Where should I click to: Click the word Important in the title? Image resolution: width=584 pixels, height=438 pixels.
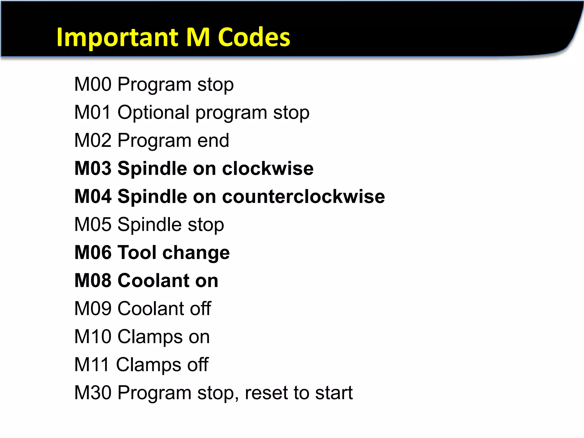pyautogui.click(x=117, y=38)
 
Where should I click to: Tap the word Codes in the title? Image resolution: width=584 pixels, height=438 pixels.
pyautogui.click(x=254, y=38)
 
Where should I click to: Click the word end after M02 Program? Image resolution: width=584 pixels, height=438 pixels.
pyautogui.click(x=213, y=140)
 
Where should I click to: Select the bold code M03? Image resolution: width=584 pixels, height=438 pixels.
pyautogui.click(x=93, y=168)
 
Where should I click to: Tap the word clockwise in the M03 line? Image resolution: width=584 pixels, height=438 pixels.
pyautogui.click(x=268, y=168)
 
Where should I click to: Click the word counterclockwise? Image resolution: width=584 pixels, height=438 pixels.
pyautogui.click(x=303, y=196)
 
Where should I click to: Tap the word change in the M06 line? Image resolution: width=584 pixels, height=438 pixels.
pyautogui.click(x=196, y=253)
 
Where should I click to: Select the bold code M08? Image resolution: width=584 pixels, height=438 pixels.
pyautogui.click(x=93, y=281)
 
